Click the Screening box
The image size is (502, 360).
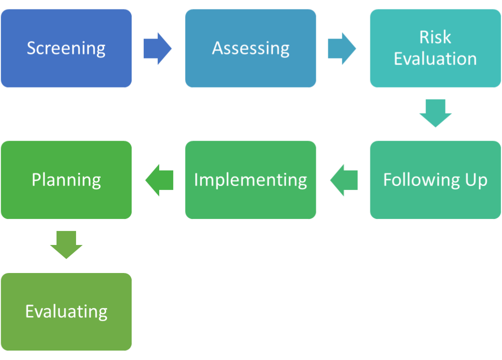tap(67, 48)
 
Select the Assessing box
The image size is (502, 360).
tap(251, 48)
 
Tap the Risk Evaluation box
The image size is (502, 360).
tap(435, 48)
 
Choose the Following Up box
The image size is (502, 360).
tap(435, 180)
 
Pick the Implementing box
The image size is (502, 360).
tap(251, 180)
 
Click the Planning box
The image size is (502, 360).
tap(67, 180)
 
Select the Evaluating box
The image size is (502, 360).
tap(67, 311)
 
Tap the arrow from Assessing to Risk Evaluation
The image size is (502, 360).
tap(342, 48)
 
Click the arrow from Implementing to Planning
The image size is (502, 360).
tap(159, 180)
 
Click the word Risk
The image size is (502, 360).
tap(435, 37)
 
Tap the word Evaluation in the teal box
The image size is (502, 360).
tap(435, 59)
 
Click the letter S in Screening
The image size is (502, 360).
tap(31, 48)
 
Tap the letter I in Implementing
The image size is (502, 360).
tap(196, 179)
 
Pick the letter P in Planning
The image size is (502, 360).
tap(36, 179)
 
